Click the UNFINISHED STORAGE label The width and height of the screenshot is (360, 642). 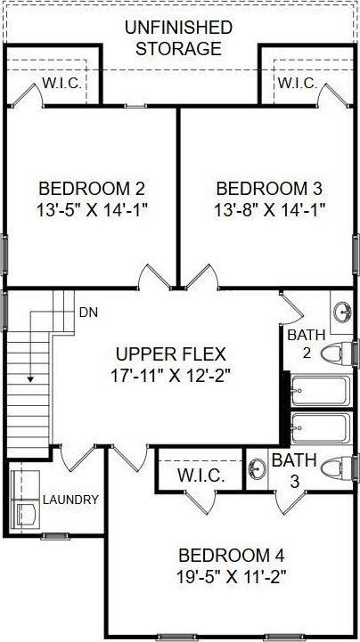(x=178, y=38)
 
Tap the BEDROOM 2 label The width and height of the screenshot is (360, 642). (x=92, y=189)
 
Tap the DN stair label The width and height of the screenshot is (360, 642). (x=87, y=312)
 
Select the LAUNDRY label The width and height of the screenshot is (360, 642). (x=70, y=500)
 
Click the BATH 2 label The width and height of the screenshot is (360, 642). (x=299, y=344)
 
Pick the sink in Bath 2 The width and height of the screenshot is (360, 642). (x=344, y=312)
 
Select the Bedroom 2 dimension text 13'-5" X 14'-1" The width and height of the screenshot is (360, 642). (x=92, y=210)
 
